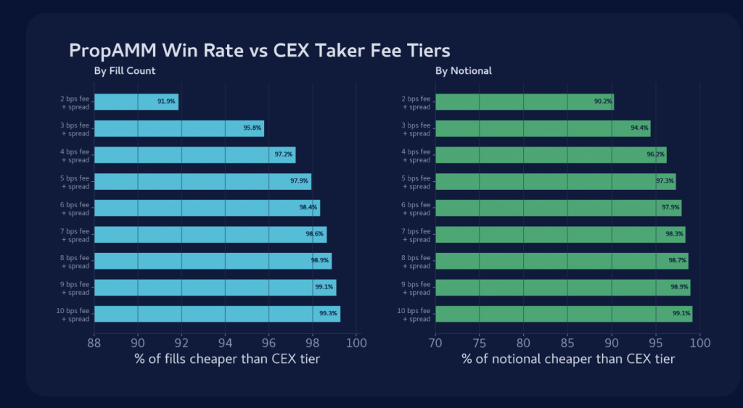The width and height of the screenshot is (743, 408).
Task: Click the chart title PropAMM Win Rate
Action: [259, 51]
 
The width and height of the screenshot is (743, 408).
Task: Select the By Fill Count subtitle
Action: [124, 71]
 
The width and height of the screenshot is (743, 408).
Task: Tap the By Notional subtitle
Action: [463, 71]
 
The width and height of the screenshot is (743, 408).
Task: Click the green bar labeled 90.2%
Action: [508, 102]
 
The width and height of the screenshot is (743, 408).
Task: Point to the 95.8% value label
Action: [252, 128]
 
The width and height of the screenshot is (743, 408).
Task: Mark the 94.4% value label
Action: [639, 128]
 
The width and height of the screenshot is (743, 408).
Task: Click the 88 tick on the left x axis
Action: [94, 343]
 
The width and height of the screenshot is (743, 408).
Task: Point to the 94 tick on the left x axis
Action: [225, 343]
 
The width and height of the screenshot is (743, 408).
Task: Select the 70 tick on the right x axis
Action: [435, 343]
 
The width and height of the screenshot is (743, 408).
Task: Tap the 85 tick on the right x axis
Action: [567, 343]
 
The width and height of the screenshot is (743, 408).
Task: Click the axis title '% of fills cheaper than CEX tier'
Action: [227, 359]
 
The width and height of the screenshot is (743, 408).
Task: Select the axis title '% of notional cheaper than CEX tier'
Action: [568, 359]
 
